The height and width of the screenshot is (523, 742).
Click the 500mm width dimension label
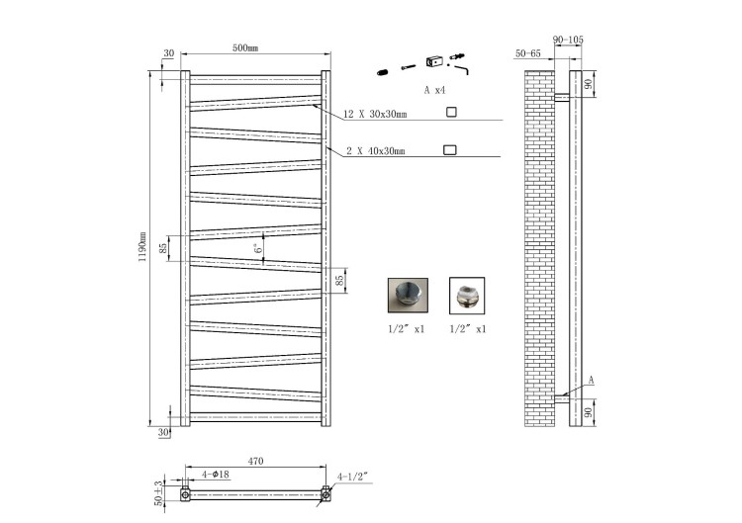pyautogui.click(x=245, y=47)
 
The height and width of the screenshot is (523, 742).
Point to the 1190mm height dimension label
pyautogui.click(x=141, y=247)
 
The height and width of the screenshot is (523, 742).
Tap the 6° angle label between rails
pyautogui.click(x=258, y=248)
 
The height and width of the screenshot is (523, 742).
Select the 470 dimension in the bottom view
pyautogui.click(x=255, y=461)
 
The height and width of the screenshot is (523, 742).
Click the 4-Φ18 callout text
pyautogui.click(x=216, y=474)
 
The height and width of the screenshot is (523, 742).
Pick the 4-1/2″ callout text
pyautogui.click(x=352, y=477)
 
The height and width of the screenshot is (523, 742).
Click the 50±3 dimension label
pyautogui.click(x=158, y=493)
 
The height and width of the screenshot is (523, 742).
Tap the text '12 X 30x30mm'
pyautogui.click(x=375, y=114)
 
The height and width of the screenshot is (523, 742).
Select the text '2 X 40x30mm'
pyautogui.click(x=376, y=151)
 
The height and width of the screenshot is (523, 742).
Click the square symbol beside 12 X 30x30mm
pyautogui.click(x=451, y=112)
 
